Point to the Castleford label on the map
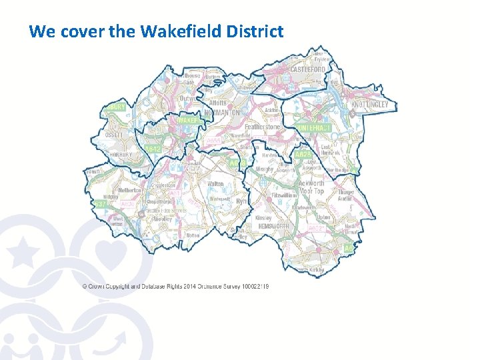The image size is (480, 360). pos(307,69)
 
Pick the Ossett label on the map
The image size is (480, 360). pos(113,133)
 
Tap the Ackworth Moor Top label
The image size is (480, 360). pos(311,187)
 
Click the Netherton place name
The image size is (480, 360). pos(130,190)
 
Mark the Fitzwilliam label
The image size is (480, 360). pos(285,196)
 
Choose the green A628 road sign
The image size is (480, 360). pos(301,154)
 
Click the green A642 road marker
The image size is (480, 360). pos(153,149)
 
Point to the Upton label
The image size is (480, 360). pos(323,217)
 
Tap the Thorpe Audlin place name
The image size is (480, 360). pos(345,195)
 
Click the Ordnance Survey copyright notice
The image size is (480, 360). pos(175,286)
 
